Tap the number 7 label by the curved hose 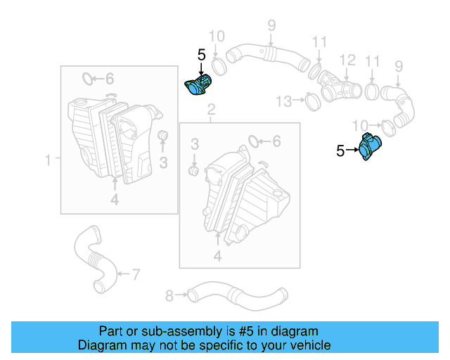pyautogui.click(x=136, y=273)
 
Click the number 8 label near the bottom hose pyautogui.click(x=169, y=295)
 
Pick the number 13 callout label pyautogui.click(x=283, y=102)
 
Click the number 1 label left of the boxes pyautogui.click(x=49, y=161)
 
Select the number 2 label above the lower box pyautogui.click(x=211, y=110)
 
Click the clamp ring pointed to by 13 pyautogui.click(x=312, y=103)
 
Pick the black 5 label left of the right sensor pyautogui.click(x=340, y=150)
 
